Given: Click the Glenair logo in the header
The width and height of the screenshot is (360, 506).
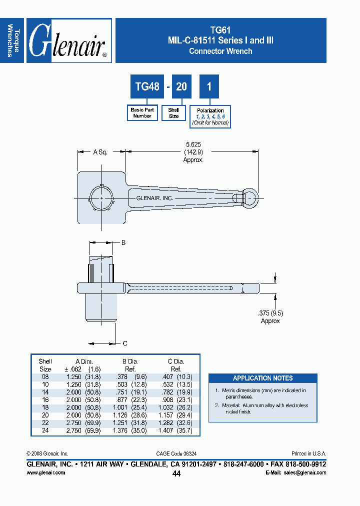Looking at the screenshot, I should pyautogui.click(x=68, y=40).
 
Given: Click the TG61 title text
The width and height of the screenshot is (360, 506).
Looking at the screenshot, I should pyautogui.click(x=220, y=30).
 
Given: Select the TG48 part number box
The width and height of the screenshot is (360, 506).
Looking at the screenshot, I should pyautogui.click(x=147, y=86).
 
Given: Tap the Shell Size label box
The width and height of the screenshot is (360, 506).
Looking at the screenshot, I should pyautogui.click(x=173, y=113).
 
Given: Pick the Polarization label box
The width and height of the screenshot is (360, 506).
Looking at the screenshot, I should pyautogui.click(x=210, y=116).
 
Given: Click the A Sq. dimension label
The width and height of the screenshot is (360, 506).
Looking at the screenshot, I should pyautogui.click(x=100, y=151).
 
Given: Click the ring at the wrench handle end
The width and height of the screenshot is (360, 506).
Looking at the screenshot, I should pyautogui.click(x=250, y=197).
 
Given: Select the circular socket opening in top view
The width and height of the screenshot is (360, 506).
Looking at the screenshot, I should pyautogui.click(x=101, y=198).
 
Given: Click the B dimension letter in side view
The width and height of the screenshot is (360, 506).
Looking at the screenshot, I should pyautogui.click(x=123, y=242).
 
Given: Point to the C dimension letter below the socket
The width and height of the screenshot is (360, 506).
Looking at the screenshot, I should pyautogui.click(x=125, y=343).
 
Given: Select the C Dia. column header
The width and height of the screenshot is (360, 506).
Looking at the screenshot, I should pyautogui.click(x=176, y=361).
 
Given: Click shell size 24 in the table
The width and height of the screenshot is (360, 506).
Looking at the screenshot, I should pyautogui.click(x=45, y=430).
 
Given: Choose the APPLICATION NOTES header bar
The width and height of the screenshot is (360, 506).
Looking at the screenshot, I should pyautogui.click(x=262, y=378).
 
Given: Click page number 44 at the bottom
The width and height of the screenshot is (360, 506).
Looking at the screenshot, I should pyautogui.click(x=176, y=474).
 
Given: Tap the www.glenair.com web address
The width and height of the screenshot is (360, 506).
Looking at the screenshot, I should pyautogui.click(x=45, y=472).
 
